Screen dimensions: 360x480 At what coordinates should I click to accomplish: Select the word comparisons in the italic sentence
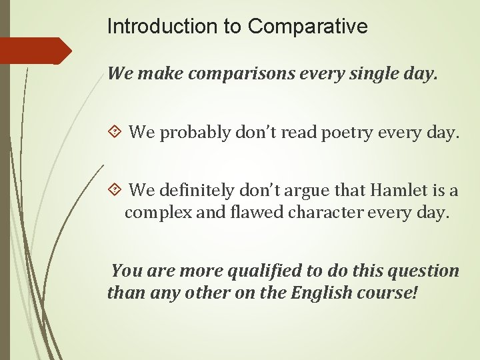point(241,73)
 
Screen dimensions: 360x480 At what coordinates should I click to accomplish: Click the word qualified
point(264,271)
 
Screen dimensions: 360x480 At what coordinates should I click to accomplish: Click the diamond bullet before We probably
point(115,133)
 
